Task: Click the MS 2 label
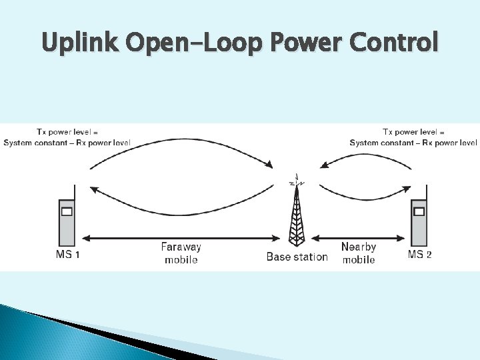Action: click(x=419, y=255)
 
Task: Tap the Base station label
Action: click(x=297, y=257)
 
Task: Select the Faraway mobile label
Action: click(x=181, y=253)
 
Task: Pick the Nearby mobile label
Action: click(x=359, y=253)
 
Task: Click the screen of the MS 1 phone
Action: click(x=67, y=212)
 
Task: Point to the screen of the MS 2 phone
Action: click(x=419, y=212)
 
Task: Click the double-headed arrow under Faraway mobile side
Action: click(x=180, y=237)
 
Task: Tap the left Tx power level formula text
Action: click(x=67, y=137)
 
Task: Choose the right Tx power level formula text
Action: click(x=413, y=137)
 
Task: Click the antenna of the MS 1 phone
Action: click(x=75, y=192)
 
